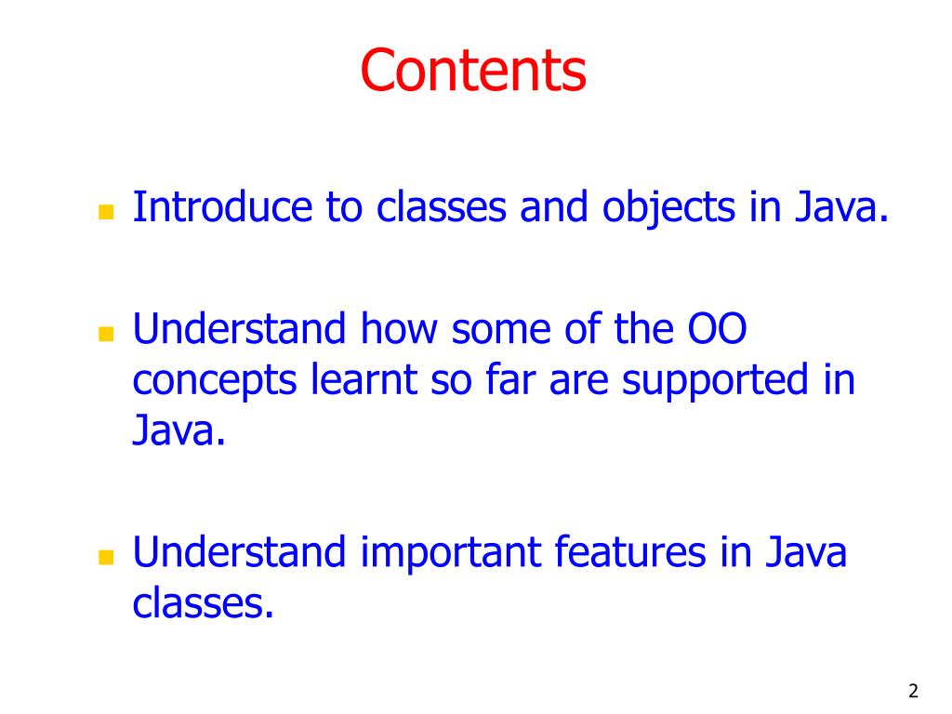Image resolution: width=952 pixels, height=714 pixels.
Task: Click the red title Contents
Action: [x=473, y=71]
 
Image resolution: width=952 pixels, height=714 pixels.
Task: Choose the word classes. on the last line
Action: [x=204, y=604]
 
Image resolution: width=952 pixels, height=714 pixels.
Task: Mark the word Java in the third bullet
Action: [x=805, y=553]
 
